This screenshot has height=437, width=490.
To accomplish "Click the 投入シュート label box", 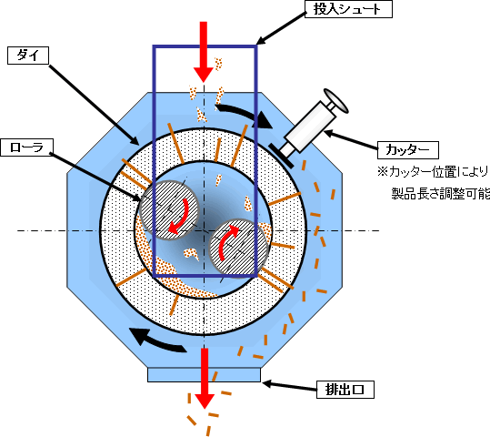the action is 348,9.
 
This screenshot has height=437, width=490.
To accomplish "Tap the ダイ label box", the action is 28,56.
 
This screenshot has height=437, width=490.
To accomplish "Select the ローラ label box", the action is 26,147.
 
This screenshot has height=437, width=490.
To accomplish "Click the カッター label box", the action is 408,150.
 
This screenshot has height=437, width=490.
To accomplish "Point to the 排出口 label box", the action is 345,390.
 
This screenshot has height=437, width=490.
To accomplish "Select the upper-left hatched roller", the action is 169,210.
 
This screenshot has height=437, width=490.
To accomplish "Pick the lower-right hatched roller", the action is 238,249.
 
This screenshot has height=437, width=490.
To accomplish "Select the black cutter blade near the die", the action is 281,156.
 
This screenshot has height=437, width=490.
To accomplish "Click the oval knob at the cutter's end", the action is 336,101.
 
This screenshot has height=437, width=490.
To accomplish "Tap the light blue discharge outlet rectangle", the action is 204,374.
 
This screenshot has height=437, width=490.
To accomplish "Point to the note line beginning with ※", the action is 434,172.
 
